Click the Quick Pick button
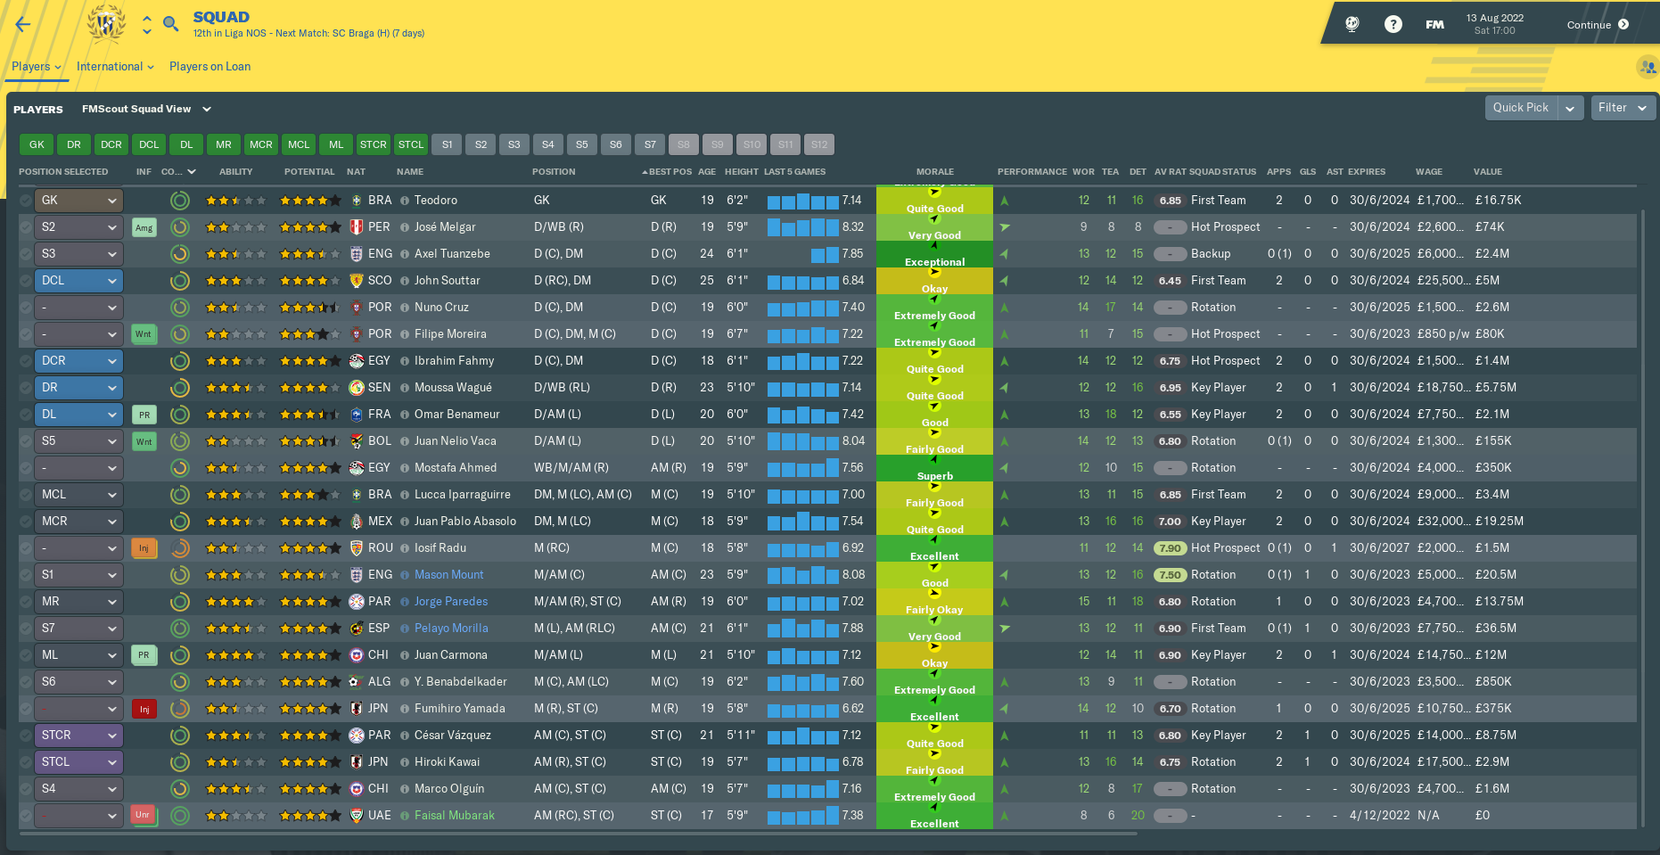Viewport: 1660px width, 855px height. [1520, 108]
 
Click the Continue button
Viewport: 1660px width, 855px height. [1598, 25]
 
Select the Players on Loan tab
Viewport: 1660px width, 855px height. [210, 67]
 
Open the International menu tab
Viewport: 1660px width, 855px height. [115, 67]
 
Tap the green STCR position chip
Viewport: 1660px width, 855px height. [374, 144]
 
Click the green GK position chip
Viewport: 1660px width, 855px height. [37, 144]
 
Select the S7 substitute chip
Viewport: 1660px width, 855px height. [650, 144]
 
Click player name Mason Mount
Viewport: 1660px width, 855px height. [448, 575]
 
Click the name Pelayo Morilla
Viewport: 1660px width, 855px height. [451, 629]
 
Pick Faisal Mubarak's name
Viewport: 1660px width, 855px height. [454, 816]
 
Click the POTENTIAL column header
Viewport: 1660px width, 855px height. [309, 172]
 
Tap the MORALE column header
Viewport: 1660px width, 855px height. [934, 172]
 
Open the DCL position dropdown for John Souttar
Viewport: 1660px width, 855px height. [78, 281]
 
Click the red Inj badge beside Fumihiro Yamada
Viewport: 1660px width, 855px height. [144, 709]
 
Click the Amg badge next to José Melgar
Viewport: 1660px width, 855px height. [144, 227]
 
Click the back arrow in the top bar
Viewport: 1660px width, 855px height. [23, 25]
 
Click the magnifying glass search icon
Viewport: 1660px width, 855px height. [171, 23]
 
